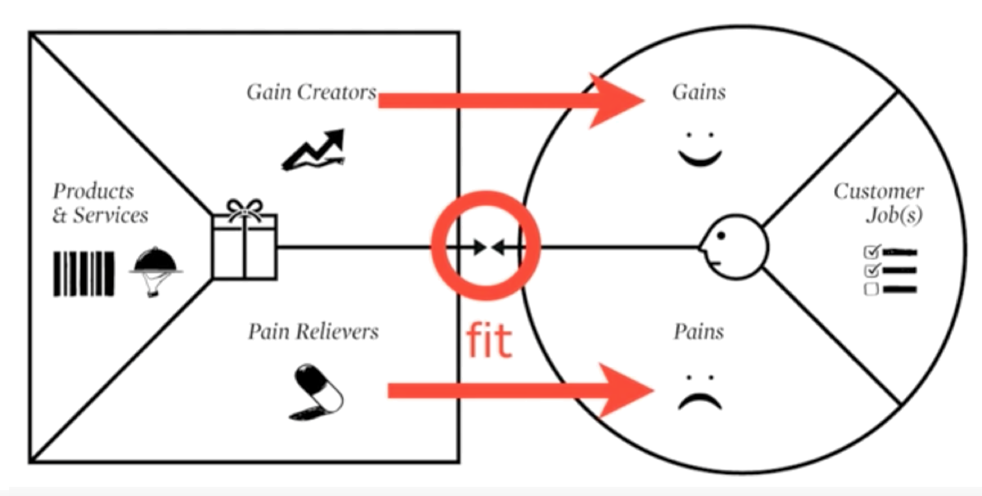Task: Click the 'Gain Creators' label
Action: [311, 92]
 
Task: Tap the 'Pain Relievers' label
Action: [313, 331]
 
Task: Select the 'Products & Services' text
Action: [100, 203]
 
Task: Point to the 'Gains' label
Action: [699, 92]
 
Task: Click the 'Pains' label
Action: [699, 331]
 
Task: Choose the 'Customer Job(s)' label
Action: [878, 203]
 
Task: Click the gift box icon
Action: [244, 239]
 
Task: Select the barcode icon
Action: [84, 274]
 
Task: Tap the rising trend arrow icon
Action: [314, 149]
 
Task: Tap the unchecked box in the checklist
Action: [871, 289]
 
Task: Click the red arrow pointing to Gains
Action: [511, 100]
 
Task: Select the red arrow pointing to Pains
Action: [521, 390]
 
